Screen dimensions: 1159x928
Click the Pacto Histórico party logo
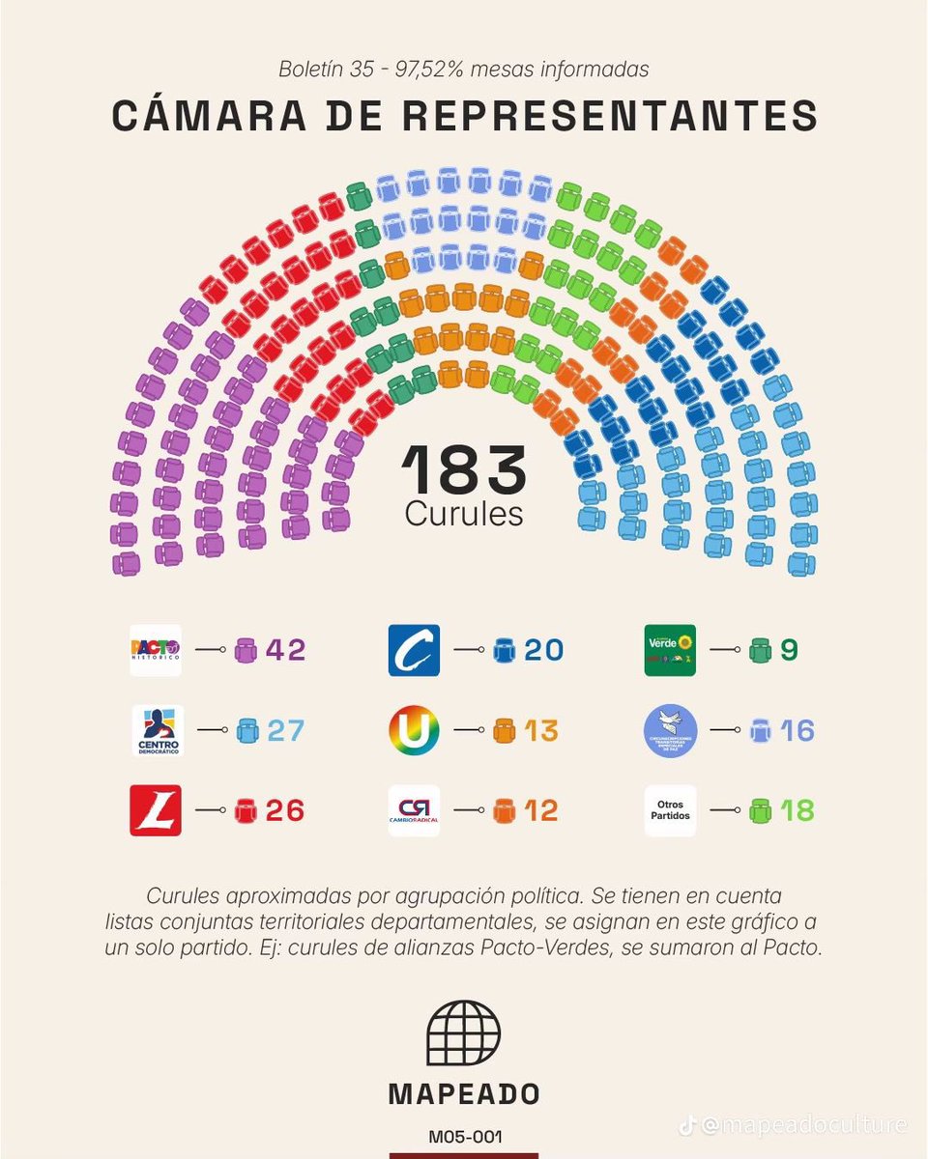click(156, 650)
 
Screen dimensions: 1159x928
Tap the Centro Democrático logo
click(158, 730)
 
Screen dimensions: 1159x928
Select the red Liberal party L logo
click(156, 810)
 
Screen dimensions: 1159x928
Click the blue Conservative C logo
click(414, 650)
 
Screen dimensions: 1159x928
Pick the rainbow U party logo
click(414, 730)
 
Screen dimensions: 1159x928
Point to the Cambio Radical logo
click(414, 810)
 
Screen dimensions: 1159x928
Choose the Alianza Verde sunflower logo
click(670, 650)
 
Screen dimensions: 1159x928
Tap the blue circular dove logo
click(670, 730)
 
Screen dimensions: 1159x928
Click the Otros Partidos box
click(670, 810)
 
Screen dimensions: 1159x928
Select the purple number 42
click(285, 650)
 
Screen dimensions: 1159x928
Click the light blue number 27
click(285, 730)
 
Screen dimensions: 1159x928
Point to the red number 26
click(285, 810)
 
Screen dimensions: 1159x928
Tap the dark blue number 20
click(544, 650)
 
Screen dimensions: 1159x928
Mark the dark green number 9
click(789, 650)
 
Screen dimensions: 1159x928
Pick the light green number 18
click(797, 810)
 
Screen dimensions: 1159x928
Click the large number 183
click(464, 470)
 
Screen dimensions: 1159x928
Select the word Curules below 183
click(464, 514)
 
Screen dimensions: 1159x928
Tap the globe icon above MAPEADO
click(464, 1032)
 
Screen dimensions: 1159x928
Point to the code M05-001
click(464, 1137)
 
